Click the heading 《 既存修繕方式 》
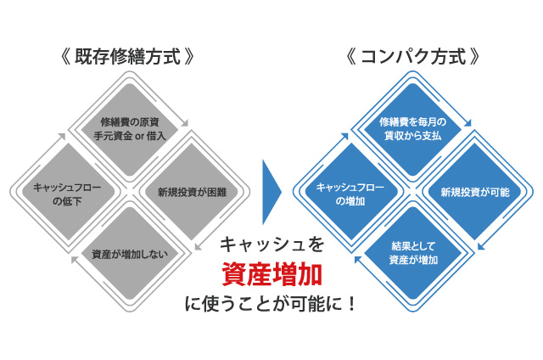click(x=128, y=59)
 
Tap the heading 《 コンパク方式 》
click(x=414, y=59)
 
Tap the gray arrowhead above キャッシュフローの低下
click(x=61, y=133)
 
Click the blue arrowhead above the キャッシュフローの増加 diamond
click(x=345, y=133)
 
